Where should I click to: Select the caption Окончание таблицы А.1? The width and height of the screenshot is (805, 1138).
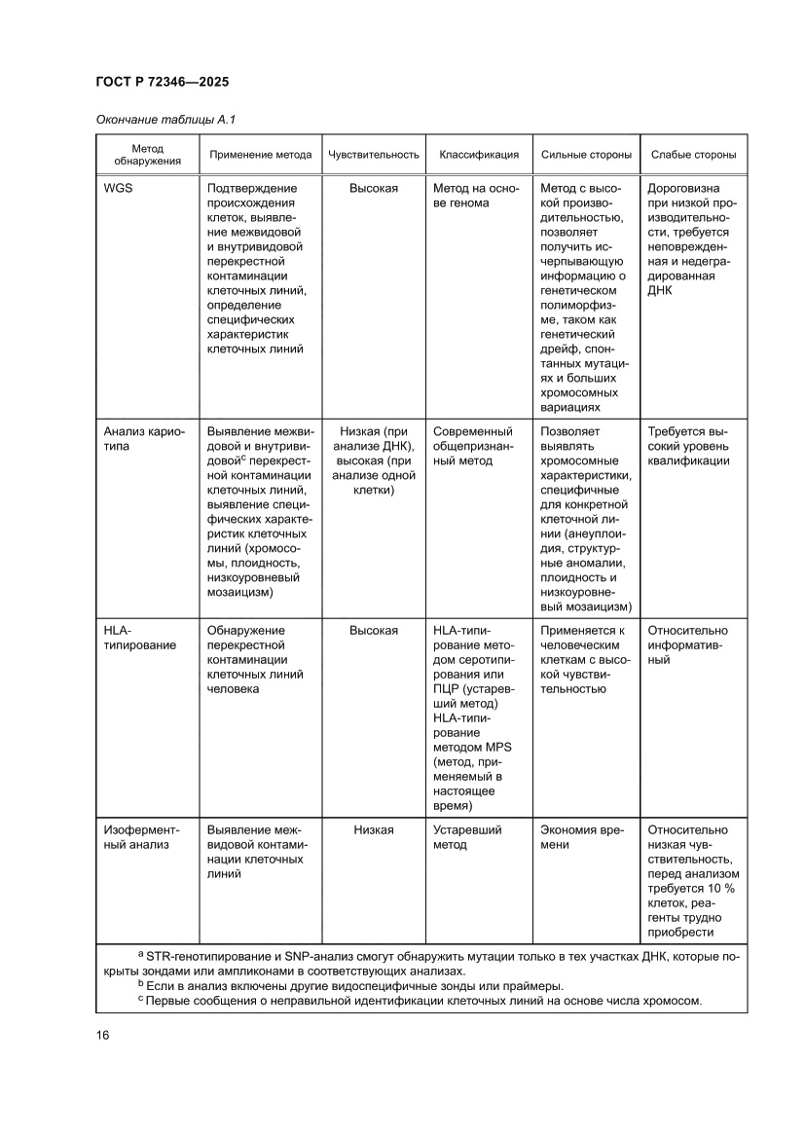tap(166, 120)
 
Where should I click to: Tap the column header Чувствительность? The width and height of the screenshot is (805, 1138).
tap(374, 155)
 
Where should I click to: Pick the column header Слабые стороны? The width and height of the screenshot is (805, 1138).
tap(693, 155)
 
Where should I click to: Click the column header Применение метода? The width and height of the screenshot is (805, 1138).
tap(261, 155)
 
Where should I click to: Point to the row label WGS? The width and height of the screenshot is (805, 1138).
tap(118, 188)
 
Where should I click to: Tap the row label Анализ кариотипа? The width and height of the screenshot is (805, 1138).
tap(137, 438)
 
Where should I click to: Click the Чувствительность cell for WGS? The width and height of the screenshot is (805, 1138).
tap(374, 188)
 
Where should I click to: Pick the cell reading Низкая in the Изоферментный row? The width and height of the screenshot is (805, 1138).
tap(374, 829)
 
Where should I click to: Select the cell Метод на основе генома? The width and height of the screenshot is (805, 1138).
tap(476, 196)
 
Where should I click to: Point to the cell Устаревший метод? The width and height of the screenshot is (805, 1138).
tap(467, 837)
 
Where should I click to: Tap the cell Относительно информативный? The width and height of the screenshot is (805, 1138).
tap(687, 645)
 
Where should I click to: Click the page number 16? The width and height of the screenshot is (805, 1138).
tap(102, 1035)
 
